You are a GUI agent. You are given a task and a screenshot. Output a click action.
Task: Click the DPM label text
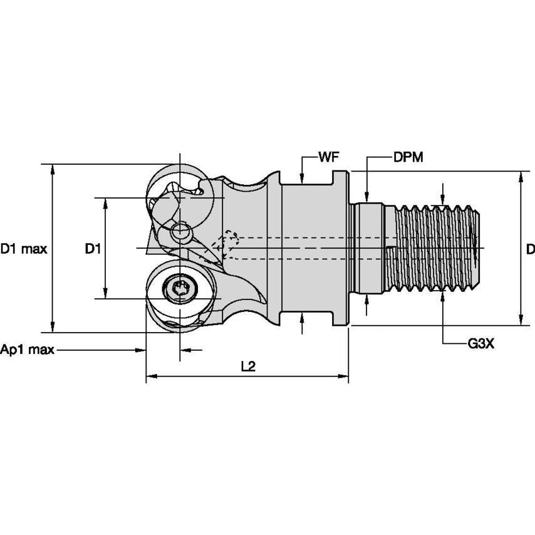coord(408,157)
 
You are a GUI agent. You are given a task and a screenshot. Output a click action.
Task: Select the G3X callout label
coord(481,344)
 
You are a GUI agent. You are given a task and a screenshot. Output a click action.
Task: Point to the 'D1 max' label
coord(24,249)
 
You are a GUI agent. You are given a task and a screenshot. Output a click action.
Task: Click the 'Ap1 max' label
coord(27,350)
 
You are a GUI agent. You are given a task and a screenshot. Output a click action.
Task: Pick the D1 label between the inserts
coord(93,249)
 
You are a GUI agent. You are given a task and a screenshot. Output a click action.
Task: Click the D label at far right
coord(530,249)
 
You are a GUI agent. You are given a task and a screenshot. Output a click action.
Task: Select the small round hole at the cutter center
coord(182,233)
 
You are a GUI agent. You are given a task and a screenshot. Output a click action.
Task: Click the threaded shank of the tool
coord(435,248)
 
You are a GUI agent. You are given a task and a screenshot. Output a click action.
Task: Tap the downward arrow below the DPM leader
coord(367,197)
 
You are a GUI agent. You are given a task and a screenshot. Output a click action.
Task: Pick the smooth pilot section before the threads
coord(370,248)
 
